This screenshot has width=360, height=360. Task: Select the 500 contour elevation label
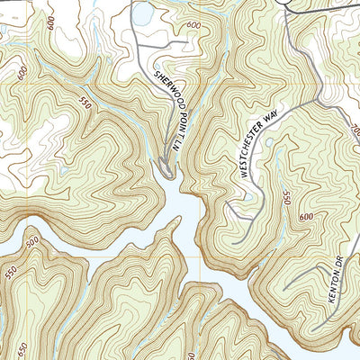pyautogui.click(x=33, y=243)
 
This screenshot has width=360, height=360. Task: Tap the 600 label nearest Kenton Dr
pyautogui.click(x=307, y=218)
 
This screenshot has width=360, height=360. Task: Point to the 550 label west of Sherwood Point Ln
pyautogui.click(x=86, y=101)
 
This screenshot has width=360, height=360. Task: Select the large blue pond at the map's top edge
pyautogui.click(x=142, y=13)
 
